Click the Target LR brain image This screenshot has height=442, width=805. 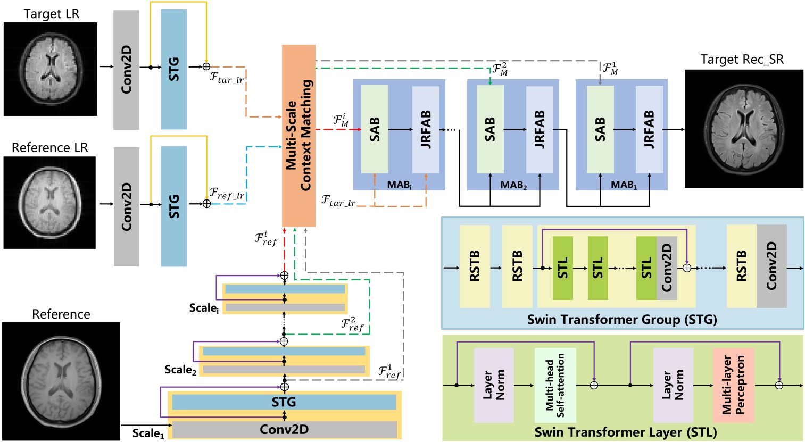pos(51,69)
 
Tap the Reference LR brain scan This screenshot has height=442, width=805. pos(49,203)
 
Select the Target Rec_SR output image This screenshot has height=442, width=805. pos(744,128)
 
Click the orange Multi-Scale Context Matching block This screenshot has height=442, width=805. pos(298,136)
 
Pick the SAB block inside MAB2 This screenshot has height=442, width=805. pos(490,129)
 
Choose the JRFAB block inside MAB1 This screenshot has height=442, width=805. pos(649,129)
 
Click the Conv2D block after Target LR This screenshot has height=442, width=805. pos(126,70)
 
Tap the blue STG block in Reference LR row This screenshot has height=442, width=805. pos(174,206)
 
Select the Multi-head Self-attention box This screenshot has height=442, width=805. pos(555,385)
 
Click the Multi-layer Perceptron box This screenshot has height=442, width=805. pos(734,385)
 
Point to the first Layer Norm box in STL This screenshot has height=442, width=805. pos(494,385)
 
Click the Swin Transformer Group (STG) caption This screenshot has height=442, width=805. pos(622,320)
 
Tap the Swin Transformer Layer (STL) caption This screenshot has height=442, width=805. pos(625,432)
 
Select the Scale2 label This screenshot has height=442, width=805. pos(180,370)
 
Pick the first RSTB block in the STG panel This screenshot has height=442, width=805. pos(475,266)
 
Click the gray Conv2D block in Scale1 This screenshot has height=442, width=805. pos(284,429)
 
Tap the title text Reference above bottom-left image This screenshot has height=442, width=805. pos(61,314)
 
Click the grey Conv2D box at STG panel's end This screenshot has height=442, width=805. pos(771,266)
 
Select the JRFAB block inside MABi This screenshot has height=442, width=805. pos(426,129)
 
